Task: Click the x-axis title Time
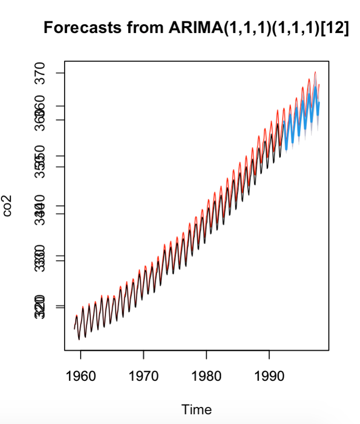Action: [x=196, y=409]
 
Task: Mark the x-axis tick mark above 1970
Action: [x=144, y=353]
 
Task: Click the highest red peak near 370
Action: [x=315, y=72]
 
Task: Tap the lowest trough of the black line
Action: [x=79, y=339]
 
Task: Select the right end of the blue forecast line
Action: [x=319, y=103]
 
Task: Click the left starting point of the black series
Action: [x=74, y=329]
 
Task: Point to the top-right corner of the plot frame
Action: [x=329, y=61]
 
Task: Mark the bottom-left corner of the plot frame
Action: [x=65, y=349]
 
